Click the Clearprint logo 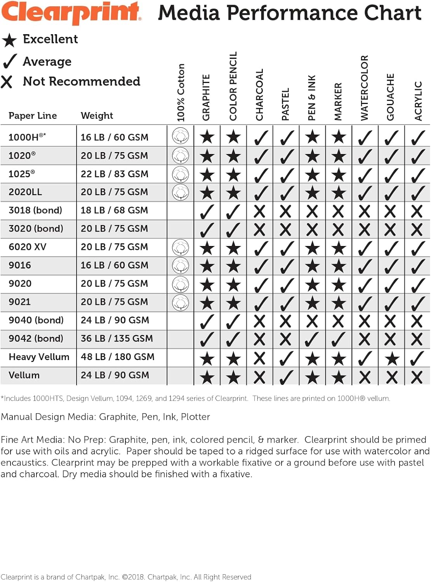coord(72,12)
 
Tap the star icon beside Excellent coord(9,40)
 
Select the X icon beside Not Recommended coord(7,81)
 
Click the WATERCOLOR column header coord(364,88)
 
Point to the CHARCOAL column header coord(259,95)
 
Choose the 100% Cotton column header coord(181,92)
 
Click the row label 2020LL coord(25,192)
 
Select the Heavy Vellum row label coord(39,357)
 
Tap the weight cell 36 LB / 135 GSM coord(116,338)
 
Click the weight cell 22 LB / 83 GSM coord(114,174)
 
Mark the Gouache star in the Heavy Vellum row coord(391,359)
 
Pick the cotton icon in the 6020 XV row coord(181,248)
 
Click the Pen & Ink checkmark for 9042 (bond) coord(312,339)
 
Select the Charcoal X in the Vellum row coord(259,377)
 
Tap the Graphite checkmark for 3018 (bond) coord(207,211)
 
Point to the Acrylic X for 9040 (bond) coord(417,321)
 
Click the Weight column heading coord(97,116)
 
